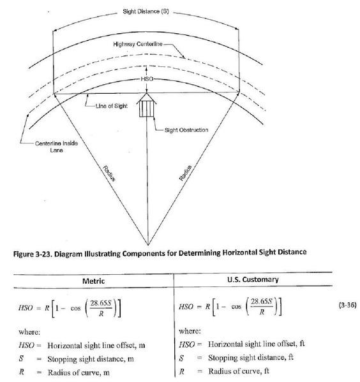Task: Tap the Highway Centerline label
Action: (139, 45)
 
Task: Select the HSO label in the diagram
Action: (147, 80)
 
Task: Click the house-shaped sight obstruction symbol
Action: (148, 105)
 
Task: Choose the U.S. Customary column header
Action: (252, 280)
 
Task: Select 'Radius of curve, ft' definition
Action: (243, 372)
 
